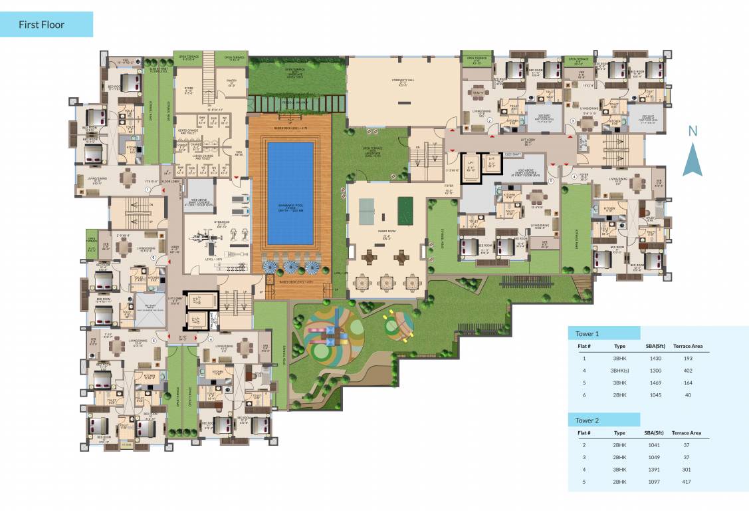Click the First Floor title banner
click(x=47, y=25)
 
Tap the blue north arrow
click(x=693, y=161)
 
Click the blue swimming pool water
click(x=290, y=193)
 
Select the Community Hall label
click(x=403, y=81)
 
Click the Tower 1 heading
click(x=588, y=333)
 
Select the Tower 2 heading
click(x=588, y=420)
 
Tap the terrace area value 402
click(x=688, y=370)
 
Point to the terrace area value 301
click(x=687, y=468)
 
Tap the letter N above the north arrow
click(x=693, y=131)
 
